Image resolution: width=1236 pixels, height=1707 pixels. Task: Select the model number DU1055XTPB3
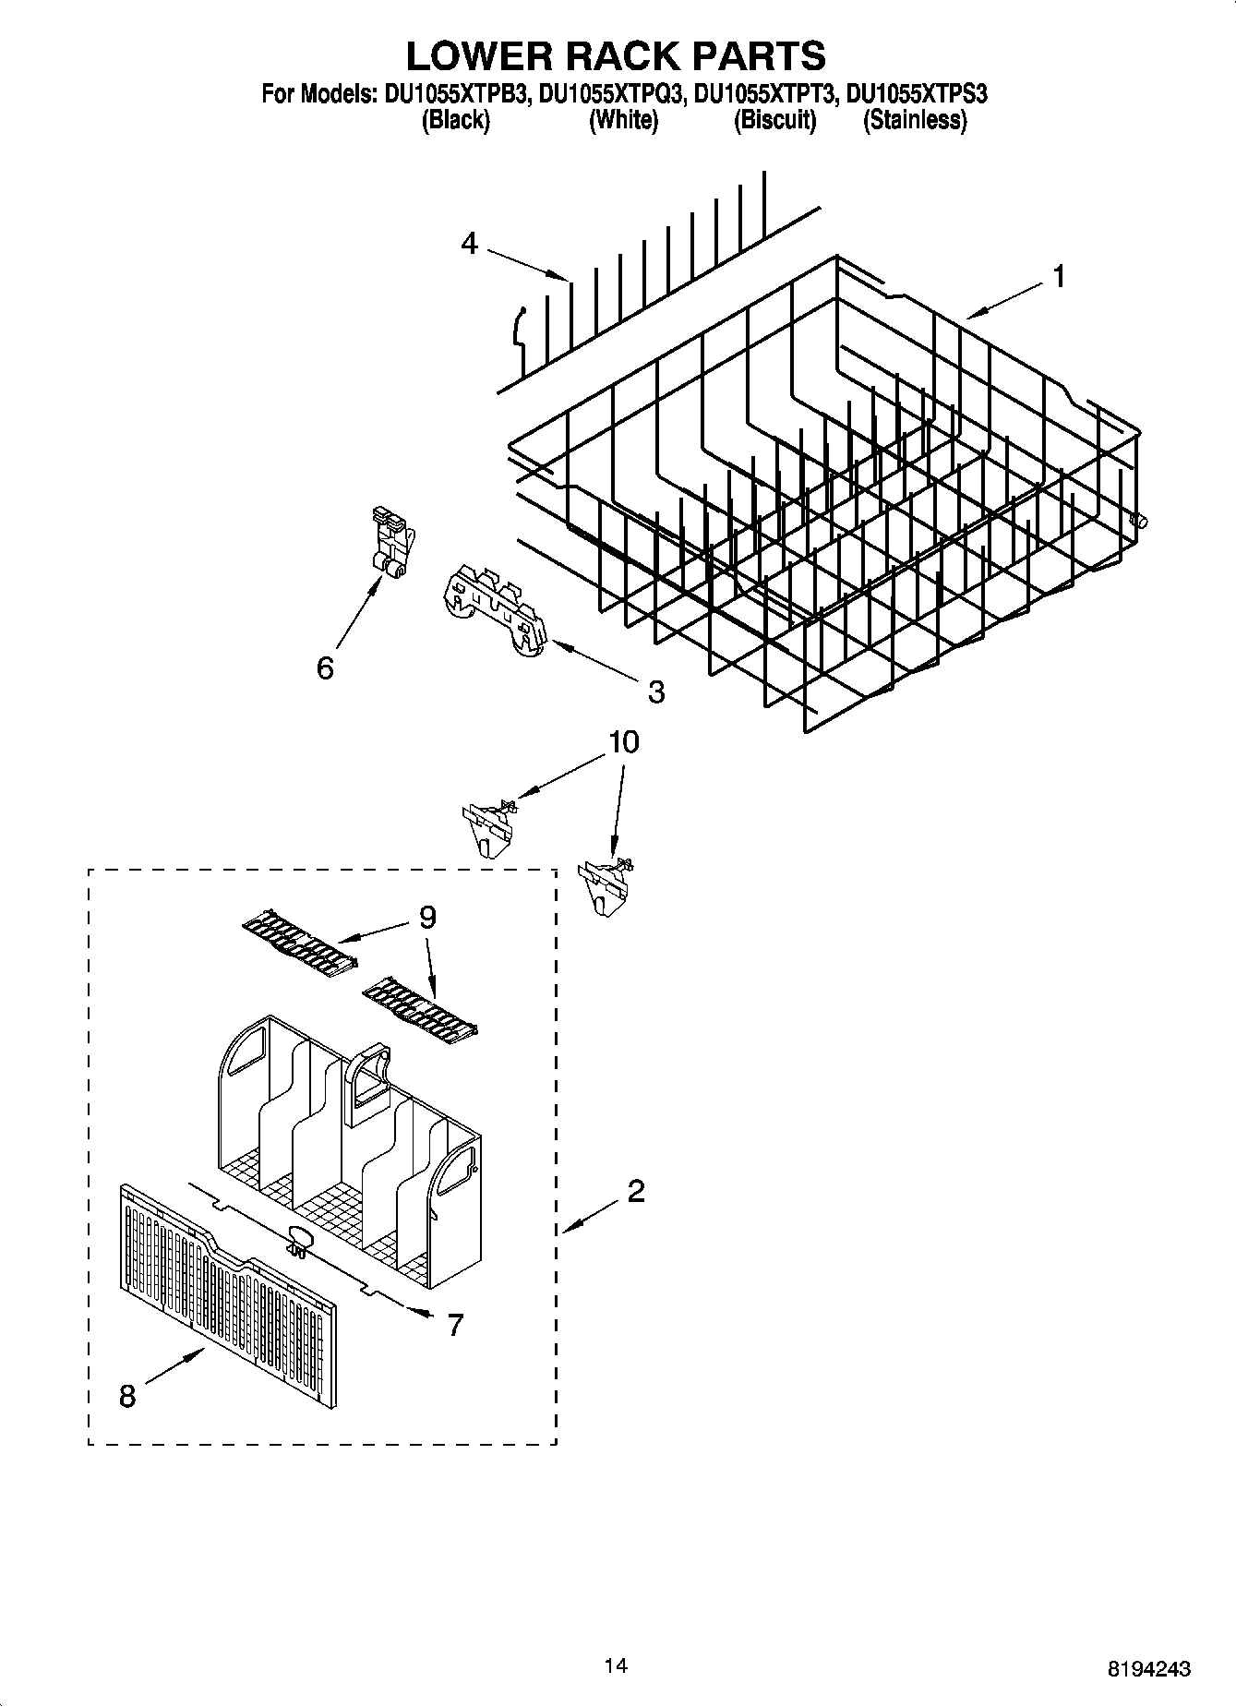click(453, 93)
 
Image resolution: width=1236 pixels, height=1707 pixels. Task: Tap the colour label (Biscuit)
click(774, 120)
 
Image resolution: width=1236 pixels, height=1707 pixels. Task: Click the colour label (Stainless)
click(914, 120)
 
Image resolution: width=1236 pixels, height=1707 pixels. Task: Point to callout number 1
click(1059, 276)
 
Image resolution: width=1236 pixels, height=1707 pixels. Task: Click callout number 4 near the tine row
click(470, 244)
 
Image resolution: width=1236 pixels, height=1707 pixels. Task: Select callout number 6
click(325, 667)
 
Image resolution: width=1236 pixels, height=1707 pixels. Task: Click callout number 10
click(624, 742)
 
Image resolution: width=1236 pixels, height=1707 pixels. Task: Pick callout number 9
click(426, 917)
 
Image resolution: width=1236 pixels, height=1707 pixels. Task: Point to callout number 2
click(635, 1192)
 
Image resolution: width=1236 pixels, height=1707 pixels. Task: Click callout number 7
click(454, 1325)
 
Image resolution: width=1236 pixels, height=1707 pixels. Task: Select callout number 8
click(127, 1397)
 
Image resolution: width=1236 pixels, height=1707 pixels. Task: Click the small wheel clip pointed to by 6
click(391, 544)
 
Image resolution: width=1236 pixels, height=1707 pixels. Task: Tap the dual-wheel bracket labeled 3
click(494, 609)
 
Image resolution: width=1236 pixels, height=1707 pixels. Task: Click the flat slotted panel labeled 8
click(227, 1302)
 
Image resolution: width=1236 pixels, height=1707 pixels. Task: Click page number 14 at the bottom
click(616, 1665)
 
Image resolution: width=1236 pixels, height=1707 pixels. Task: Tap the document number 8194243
click(1148, 1669)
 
